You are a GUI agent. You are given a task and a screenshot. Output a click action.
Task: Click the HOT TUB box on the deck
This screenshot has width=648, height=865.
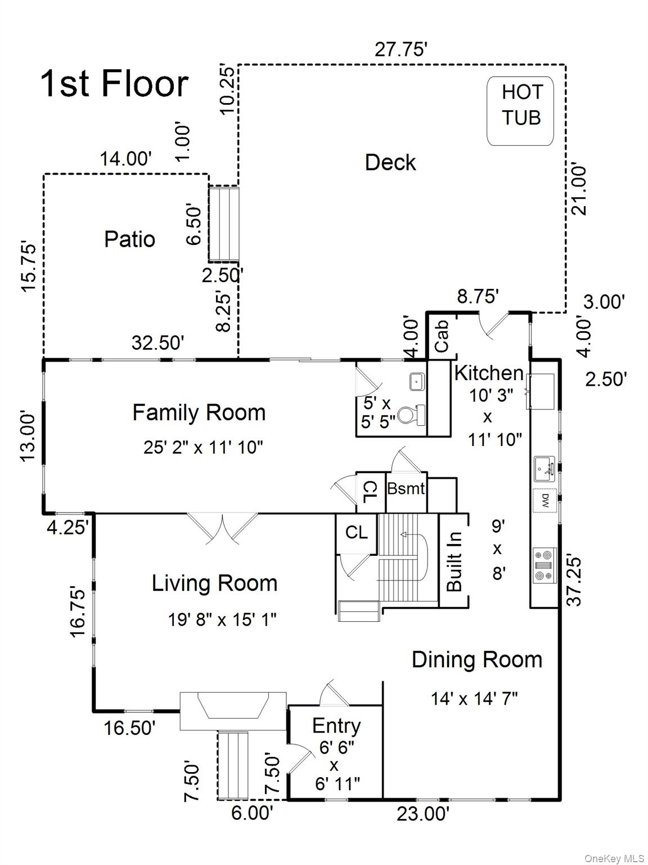(520, 111)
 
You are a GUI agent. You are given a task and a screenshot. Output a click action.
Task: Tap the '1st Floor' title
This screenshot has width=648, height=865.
(114, 84)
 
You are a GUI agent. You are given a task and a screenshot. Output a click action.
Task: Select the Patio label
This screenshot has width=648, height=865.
(129, 239)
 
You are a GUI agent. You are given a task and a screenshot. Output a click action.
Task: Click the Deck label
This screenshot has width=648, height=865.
(390, 163)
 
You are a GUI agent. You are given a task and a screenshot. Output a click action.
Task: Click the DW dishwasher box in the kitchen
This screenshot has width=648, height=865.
(545, 500)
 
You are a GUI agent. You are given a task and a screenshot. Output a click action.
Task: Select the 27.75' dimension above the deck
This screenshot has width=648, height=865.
(402, 50)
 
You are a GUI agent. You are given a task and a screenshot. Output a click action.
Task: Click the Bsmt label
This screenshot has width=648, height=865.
(406, 488)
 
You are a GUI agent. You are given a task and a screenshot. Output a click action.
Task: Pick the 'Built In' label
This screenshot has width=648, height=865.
(454, 561)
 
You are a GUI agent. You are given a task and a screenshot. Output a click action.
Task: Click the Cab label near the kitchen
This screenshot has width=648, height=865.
(442, 336)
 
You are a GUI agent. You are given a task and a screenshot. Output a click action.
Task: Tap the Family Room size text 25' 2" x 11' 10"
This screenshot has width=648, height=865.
(203, 448)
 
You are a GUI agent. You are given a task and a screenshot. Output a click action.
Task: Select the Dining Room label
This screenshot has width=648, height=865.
(477, 659)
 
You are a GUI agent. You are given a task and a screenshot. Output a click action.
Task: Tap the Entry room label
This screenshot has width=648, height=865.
(336, 726)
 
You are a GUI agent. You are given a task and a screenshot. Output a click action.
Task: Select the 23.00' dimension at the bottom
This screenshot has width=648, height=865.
(423, 814)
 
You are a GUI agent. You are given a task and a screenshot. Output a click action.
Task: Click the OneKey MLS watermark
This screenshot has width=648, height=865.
(614, 858)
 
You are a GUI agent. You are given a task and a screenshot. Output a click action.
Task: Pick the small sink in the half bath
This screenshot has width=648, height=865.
(417, 381)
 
